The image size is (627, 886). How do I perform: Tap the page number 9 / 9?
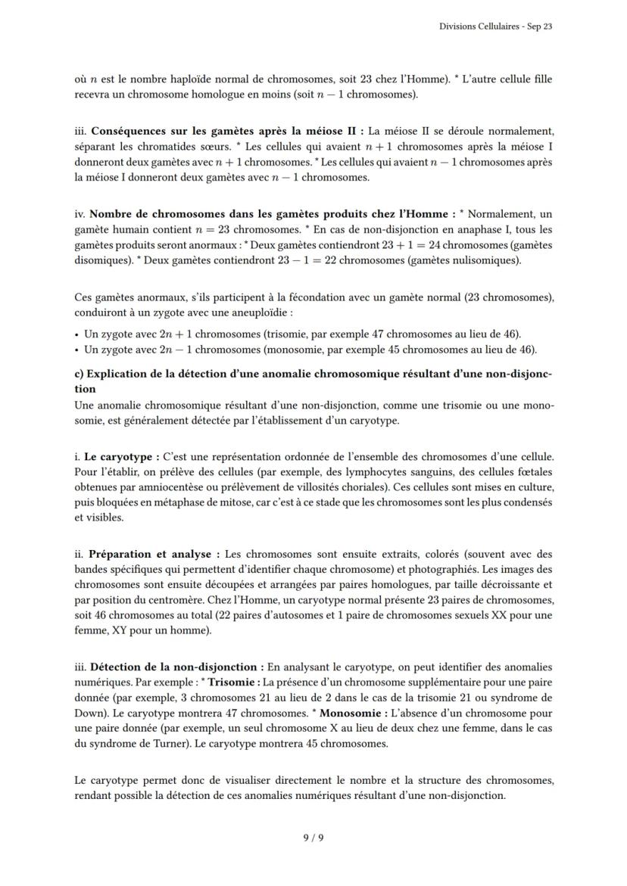coord(313,837)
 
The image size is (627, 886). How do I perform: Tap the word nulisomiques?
coord(485,260)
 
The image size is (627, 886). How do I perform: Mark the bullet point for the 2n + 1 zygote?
coord(78,334)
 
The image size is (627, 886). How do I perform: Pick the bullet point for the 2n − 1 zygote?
coord(78,350)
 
